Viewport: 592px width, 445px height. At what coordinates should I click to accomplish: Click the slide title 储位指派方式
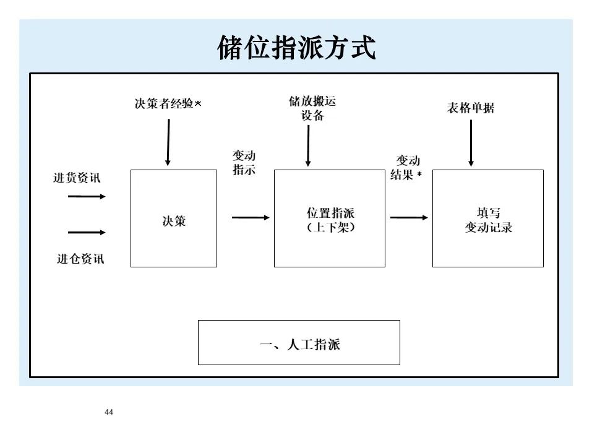point(296,48)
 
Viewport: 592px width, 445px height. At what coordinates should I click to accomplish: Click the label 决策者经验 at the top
point(165,104)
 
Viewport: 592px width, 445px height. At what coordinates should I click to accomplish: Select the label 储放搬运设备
point(312,108)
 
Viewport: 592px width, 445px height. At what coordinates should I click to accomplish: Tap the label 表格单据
point(471,108)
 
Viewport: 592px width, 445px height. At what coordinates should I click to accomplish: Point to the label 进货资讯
point(77,178)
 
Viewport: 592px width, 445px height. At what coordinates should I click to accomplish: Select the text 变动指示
point(244,163)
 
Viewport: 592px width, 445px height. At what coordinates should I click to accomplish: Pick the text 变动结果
point(406,168)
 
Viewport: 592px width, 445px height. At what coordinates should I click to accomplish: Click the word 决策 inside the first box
point(174,221)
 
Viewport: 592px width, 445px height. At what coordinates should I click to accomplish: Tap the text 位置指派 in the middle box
point(330,213)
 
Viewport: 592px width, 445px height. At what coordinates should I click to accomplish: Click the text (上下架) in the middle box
point(330,227)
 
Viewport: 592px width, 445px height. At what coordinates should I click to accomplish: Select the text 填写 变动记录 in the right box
point(488,220)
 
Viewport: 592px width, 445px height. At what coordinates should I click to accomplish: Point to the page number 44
point(109,412)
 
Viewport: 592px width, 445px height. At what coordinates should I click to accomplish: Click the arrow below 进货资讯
point(87,196)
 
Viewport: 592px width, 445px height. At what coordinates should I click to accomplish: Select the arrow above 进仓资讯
point(87,233)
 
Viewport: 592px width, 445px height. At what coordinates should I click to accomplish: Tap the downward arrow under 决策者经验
point(167,142)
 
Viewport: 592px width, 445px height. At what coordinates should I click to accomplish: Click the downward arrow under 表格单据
point(471,143)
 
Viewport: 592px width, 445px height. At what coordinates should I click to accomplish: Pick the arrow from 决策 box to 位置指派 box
point(251,217)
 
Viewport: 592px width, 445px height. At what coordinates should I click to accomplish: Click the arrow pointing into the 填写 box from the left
point(409,217)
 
